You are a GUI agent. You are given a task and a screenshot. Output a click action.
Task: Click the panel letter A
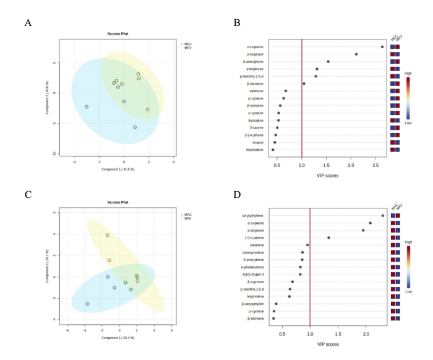coord(28,23)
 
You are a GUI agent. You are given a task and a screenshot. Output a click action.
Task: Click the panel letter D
coord(236,195)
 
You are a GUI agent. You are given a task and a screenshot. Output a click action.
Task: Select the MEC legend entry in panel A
coord(187,44)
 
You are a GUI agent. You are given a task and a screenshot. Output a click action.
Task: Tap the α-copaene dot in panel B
coord(382,46)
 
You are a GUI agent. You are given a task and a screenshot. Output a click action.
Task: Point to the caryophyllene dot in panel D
coord(383,216)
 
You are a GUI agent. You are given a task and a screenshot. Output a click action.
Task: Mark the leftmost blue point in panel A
coord(87,106)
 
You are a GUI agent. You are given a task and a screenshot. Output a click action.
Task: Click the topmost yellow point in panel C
coord(108,235)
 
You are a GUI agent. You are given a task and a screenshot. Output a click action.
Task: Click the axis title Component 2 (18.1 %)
coord(48,267)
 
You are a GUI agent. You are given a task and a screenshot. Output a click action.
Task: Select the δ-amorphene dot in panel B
coord(328,61)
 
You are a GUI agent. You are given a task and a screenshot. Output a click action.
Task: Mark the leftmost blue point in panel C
coord(87,304)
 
